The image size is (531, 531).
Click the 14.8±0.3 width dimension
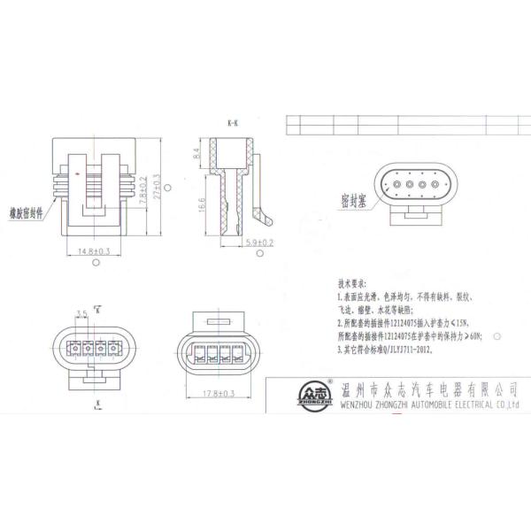click(x=93, y=251)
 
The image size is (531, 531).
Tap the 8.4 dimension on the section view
click(x=196, y=153)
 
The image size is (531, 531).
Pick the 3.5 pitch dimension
click(x=82, y=313)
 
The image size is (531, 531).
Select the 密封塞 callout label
click(x=352, y=201)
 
